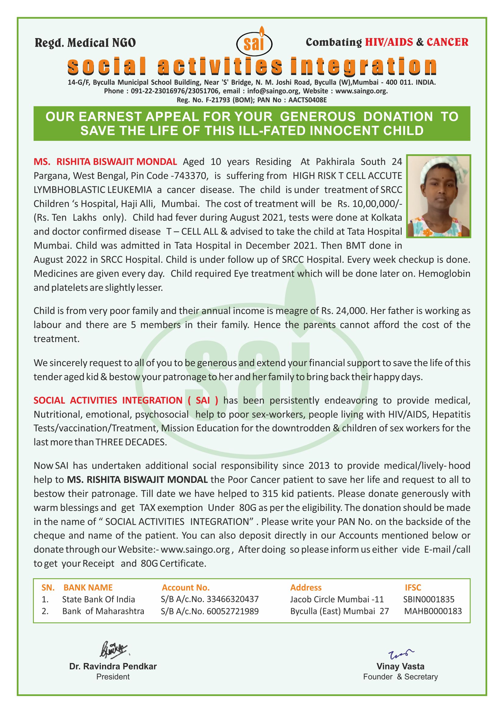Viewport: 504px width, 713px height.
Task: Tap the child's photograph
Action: (x=439, y=196)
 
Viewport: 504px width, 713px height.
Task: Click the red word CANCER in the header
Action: (x=447, y=42)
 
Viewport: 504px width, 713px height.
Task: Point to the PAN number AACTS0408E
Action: (x=307, y=100)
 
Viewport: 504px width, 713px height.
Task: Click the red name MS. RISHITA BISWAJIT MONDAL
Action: (x=105, y=162)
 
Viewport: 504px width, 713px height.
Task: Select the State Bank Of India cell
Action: (x=98, y=599)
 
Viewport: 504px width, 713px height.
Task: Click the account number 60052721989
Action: (x=232, y=611)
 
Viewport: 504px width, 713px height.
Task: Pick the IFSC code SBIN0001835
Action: (x=429, y=599)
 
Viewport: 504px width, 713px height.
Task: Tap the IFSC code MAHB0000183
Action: (x=433, y=611)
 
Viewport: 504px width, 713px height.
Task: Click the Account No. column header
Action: (x=186, y=587)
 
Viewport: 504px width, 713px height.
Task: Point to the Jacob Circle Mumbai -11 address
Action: (x=337, y=599)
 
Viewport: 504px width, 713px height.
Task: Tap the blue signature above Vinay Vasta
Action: (x=400, y=654)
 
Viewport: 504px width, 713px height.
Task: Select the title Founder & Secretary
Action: (x=400, y=677)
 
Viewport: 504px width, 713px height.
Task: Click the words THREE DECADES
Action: (x=131, y=442)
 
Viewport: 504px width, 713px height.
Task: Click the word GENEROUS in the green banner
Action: (x=318, y=117)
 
